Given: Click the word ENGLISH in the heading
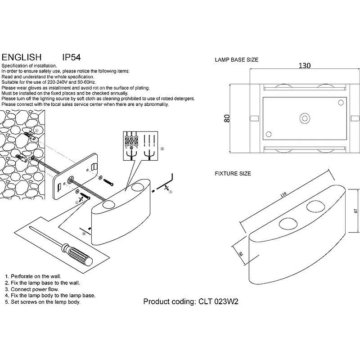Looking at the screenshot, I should click(x=22, y=58).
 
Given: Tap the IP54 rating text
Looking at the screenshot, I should click(x=71, y=58).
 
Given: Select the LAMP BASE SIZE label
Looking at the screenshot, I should click(x=237, y=59).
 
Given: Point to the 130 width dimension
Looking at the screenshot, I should click(x=305, y=66).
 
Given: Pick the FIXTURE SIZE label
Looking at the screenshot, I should click(x=233, y=173).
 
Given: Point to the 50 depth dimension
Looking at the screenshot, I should click(x=241, y=254).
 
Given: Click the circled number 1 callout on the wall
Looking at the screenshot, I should click(x=36, y=130).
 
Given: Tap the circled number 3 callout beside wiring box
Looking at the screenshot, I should click(x=162, y=148).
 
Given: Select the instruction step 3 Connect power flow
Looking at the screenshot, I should click(x=31, y=289).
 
